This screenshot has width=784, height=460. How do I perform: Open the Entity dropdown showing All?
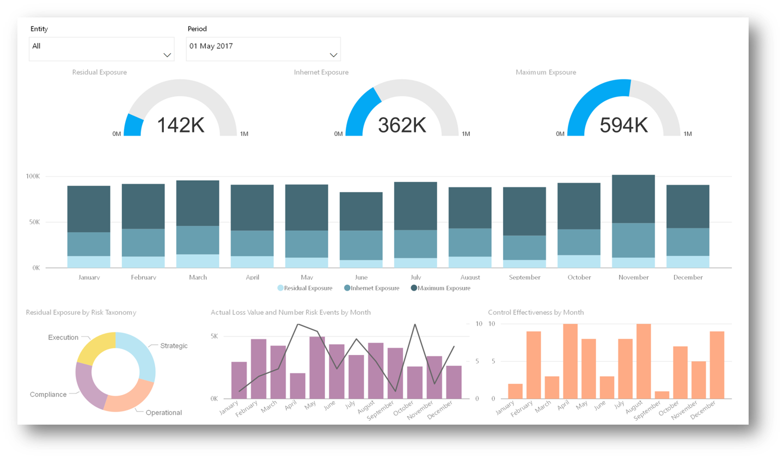(x=101, y=49)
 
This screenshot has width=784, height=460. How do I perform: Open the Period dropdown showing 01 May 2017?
(x=263, y=49)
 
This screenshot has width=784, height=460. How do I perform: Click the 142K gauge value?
(x=181, y=125)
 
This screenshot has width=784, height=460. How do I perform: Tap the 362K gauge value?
(x=402, y=125)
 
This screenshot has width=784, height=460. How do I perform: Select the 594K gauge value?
(x=623, y=125)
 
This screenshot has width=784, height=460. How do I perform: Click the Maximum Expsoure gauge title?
(x=546, y=72)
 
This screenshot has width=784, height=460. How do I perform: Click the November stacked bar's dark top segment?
(x=633, y=199)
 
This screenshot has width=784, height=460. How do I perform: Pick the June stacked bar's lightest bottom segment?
(x=361, y=263)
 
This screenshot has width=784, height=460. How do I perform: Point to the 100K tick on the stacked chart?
(x=33, y=176)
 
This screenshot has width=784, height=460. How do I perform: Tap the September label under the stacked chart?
(x=524, y=277)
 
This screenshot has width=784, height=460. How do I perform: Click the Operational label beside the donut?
(x=163, y=413)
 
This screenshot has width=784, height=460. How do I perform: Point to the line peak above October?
(x=415, y=325)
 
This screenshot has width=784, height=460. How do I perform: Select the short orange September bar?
(x=662, y=395)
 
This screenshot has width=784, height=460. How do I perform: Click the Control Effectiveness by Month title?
(x=536, y=312)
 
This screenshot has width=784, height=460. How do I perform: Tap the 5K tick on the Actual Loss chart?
(x=214, y=336)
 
